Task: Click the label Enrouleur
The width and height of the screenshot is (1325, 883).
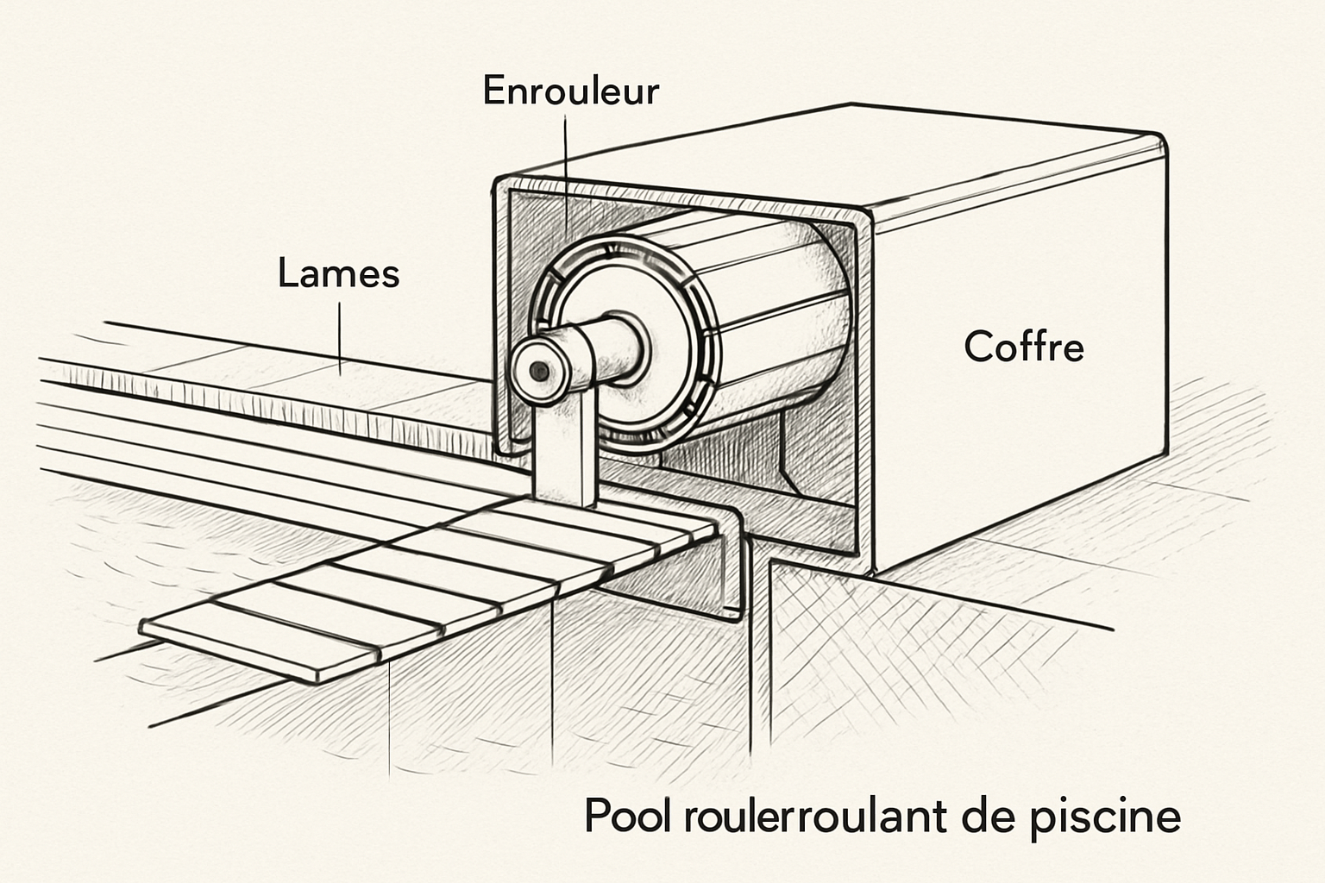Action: (570, 91)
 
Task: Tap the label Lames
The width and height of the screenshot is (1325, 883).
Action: (338, 274)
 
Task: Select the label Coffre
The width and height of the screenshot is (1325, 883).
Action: (1023, 347)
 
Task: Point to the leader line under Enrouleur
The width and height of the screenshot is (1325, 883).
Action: (565, 172)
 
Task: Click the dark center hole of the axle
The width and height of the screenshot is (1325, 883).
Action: (540, 371)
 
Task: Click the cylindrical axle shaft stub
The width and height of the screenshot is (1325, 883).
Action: (595, 354)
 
